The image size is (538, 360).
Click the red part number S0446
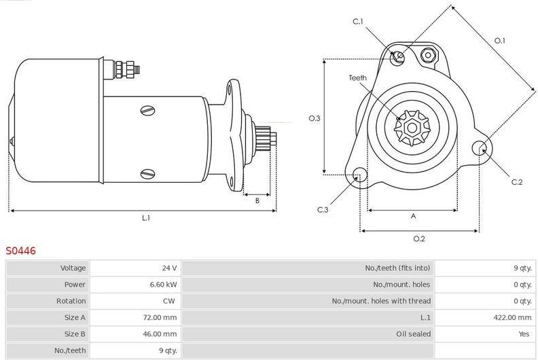click(20, 251)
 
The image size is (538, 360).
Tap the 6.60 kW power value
click(163, 284)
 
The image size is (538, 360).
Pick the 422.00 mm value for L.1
click(512, 317)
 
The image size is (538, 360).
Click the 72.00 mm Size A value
click(160, 317)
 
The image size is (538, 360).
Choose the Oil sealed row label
click(413, 334)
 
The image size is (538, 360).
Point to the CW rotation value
click(169, 301)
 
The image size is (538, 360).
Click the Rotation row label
click(71, 301)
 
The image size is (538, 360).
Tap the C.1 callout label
click(357, 22)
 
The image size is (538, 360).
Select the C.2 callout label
click(517, 182)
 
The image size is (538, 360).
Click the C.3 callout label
click(323, 210)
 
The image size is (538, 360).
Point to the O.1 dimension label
click(499, 41)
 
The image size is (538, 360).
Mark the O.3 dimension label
click(315, 118)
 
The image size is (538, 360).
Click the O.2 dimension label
click(419, 239)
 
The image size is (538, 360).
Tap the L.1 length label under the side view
click(146, 218)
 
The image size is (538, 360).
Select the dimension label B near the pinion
click(257, 201)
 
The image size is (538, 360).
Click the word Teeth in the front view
click(357, 78)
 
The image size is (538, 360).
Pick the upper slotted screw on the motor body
click(148, 110)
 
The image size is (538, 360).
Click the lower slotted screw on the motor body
click(148, 174)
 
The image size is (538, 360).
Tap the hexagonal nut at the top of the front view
click(428, 55)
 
